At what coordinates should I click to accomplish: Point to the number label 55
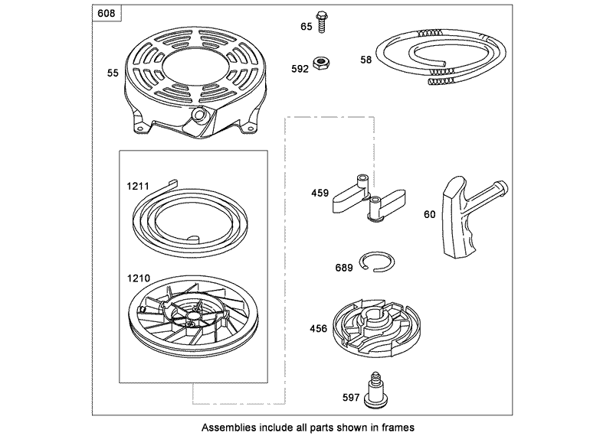pyautogui.click(x=113, y=73)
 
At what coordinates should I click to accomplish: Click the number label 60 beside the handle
pyautogui.click(x=429, y=214)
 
